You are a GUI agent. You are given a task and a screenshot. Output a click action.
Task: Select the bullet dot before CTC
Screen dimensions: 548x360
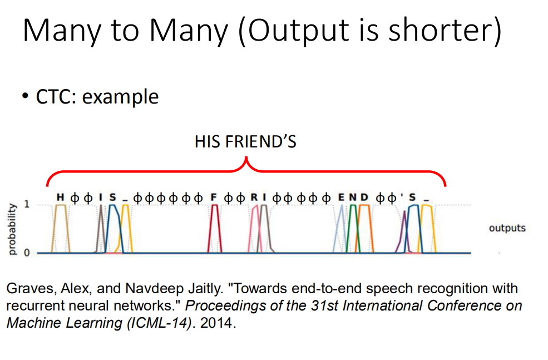coord(25,96)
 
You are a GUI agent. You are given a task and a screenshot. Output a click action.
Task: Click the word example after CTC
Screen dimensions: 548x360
coord(120,97)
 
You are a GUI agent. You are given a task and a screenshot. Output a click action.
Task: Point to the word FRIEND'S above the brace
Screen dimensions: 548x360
coord(261,142)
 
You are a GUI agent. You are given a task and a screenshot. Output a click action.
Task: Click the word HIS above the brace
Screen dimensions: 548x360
coord(207,142)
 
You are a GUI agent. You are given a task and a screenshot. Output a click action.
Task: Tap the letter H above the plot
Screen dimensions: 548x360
coord(61,198)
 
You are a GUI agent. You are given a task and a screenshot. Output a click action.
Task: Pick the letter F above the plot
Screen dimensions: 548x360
coord(214,198)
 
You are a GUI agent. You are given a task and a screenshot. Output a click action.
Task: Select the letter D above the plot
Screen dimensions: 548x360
coord(364,198)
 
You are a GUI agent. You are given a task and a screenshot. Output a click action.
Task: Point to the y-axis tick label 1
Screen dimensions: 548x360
coord(27,204)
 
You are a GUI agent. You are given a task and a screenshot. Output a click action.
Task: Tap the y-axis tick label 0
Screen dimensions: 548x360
coord(27,253)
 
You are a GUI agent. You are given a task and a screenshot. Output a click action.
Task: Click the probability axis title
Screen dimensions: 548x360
coord(12,229)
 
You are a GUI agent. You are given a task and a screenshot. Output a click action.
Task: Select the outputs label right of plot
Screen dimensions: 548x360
coord(507,228)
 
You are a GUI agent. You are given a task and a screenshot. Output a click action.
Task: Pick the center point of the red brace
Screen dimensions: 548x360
coord(246,159)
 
